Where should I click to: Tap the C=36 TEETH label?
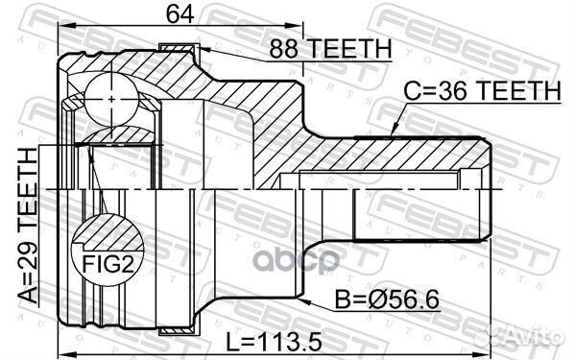click(482, 90)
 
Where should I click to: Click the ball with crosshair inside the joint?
click(113, 98)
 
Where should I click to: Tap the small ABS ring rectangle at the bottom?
click(176, 331)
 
